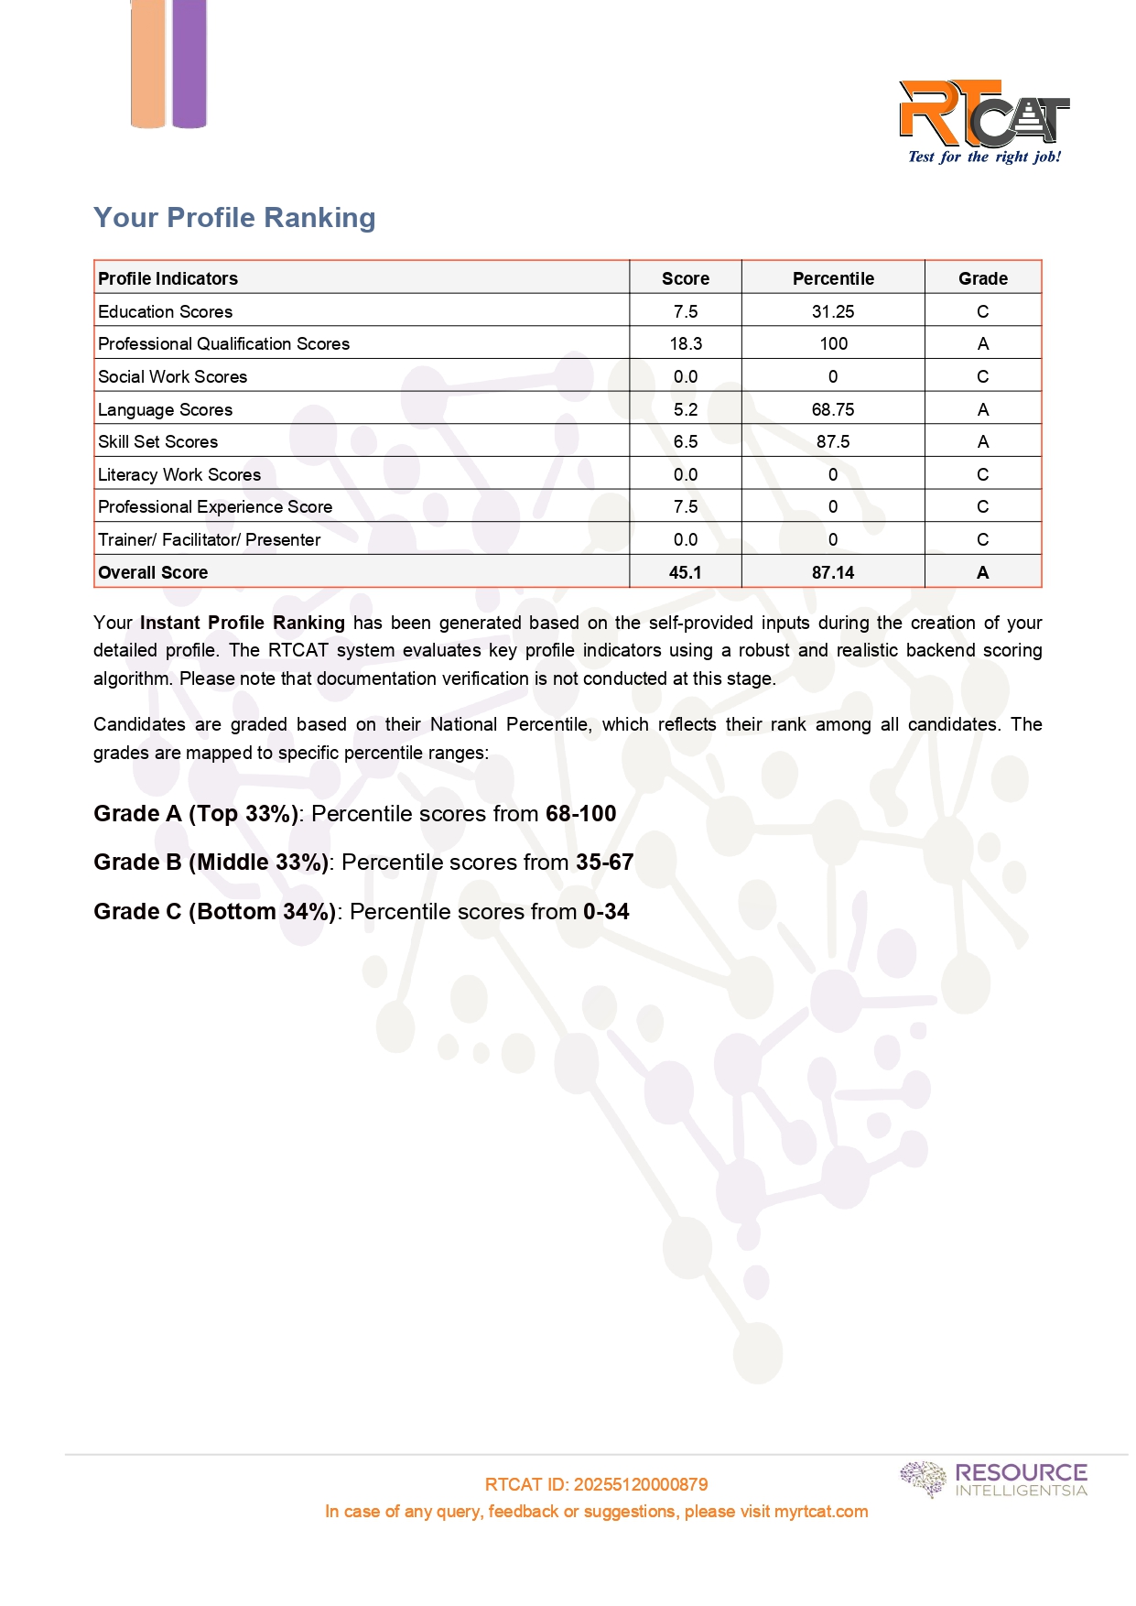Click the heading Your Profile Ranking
[234, 218]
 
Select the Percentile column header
[833, 278]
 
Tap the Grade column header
[982, 278]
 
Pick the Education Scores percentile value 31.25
[833, 311]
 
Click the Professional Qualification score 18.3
[686, 343]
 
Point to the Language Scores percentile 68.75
[833, 409]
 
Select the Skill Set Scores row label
[158, 441]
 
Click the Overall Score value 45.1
[686, 572]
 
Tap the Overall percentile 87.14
[833, 572]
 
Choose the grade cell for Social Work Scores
[982, 376]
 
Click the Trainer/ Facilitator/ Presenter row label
[210, 539]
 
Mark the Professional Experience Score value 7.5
[686, 506]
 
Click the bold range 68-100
[581, 814]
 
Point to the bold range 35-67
[604, 863]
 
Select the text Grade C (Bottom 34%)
[215, 912]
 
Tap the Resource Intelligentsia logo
[994, 1479]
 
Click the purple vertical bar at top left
[189, 63]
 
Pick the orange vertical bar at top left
[148, 63]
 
